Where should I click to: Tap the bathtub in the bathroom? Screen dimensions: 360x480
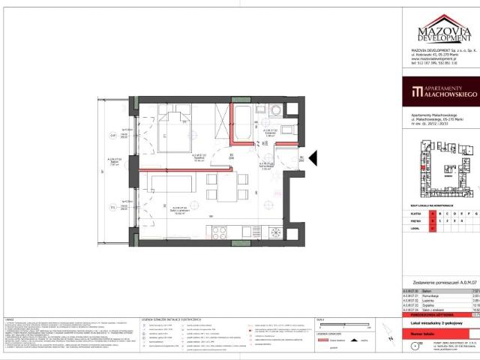244,123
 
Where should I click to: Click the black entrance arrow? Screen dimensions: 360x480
314,157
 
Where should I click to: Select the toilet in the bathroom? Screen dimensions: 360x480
274,111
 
